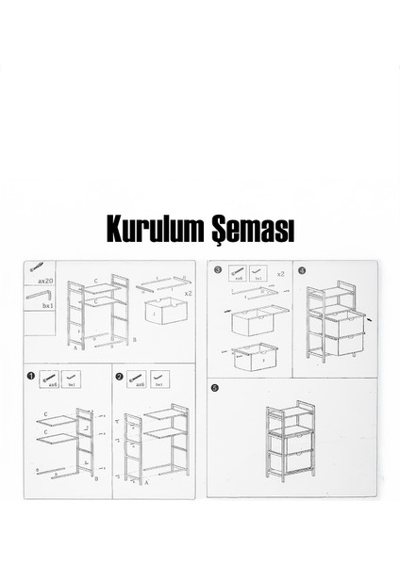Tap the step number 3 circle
[x=218, y=270]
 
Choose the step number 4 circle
[x=302, y=270]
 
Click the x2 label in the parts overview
[x=188, y=293]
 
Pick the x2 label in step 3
[x=280, y=273]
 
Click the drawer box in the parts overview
[x=166, y=311]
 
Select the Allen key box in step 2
[x=160, y=380]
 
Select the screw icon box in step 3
[x=239, y=275]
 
